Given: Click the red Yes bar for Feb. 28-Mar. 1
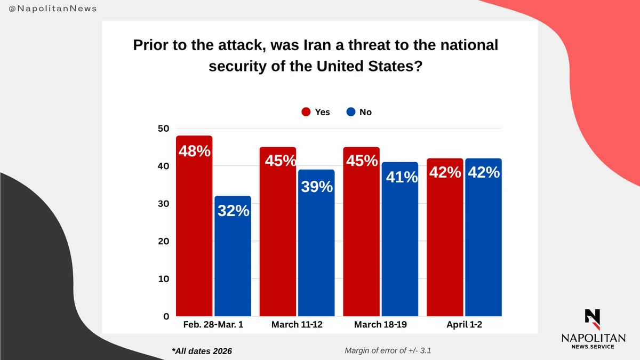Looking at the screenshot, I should tap(194, 235).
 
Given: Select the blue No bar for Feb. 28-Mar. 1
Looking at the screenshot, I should tap(233, 261).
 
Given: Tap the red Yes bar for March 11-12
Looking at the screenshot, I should tap(278, 240).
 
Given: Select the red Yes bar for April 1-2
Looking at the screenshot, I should tap(445, 245).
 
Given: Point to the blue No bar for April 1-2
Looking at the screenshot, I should tap(483, 245).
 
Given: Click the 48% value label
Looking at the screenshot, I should tap(194, 151).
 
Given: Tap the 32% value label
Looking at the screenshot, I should tap(233, 211).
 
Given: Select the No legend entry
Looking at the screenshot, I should tap(359, 112).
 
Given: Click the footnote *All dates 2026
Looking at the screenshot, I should tap(202, 351).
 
